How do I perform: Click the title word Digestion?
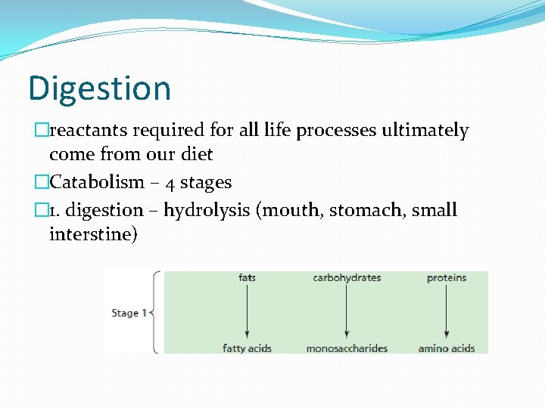[99, 88]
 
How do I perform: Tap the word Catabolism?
[96, 182]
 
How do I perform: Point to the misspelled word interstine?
[93, 234]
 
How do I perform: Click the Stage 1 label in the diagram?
[129, 313]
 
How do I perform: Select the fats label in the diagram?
[247, 278]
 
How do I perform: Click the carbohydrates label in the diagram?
[347, 278]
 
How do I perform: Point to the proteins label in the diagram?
[447, 278]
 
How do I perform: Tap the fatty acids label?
[247, 348]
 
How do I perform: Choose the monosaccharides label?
[347, 348]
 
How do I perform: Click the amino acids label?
[447, 348]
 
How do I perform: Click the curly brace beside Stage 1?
[155, 312]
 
